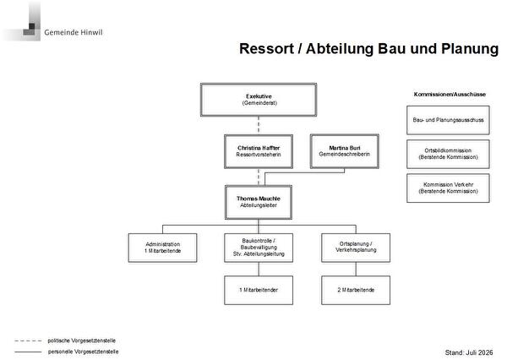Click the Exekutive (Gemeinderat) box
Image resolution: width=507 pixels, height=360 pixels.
259,100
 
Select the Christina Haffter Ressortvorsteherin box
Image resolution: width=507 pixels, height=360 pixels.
259,151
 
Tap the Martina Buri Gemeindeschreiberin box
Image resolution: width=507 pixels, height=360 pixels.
345,151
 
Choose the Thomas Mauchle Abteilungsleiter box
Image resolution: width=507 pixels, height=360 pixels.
259,202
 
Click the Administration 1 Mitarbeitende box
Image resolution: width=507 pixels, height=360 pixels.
162,248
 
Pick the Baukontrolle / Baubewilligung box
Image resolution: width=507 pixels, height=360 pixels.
259,248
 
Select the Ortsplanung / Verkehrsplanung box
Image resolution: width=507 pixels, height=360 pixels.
356,248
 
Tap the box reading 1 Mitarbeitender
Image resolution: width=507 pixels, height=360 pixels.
259,290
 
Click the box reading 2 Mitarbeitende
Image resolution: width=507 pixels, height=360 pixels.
356,290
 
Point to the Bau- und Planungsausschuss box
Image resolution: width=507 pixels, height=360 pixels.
448,120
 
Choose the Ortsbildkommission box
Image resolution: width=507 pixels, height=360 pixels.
448,154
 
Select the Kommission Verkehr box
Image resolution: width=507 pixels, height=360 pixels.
448,188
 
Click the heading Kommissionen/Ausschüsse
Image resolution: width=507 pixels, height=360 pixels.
450,95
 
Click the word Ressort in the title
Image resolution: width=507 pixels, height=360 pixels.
267,49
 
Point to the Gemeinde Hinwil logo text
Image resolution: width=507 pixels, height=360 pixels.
74,32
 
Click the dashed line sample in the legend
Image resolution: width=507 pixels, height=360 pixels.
28,341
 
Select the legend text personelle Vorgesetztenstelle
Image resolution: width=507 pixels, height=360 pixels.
83,352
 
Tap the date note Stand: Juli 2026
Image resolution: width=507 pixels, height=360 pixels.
469,352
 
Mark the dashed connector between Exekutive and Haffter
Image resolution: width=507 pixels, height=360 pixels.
259,126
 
